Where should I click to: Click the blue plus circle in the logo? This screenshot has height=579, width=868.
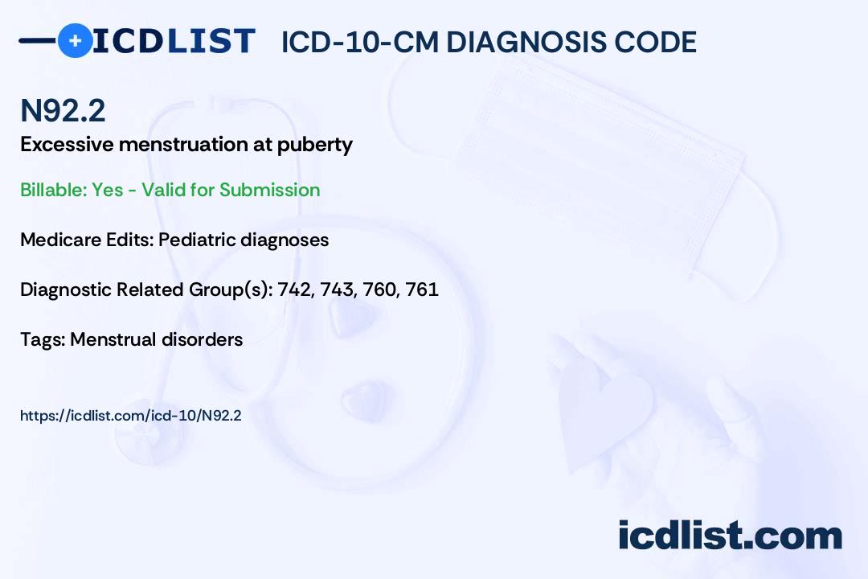[75, 40]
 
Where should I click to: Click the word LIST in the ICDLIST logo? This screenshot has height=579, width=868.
[211, 41]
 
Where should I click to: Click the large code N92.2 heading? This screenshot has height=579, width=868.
[63, 110]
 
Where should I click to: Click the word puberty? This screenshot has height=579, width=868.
[314, 146]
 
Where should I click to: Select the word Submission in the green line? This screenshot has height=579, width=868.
[269, 190]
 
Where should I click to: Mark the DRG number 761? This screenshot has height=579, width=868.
[422, 289]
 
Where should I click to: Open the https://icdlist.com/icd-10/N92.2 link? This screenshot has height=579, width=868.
[131, 416]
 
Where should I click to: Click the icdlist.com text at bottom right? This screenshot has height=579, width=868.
[730, 535]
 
